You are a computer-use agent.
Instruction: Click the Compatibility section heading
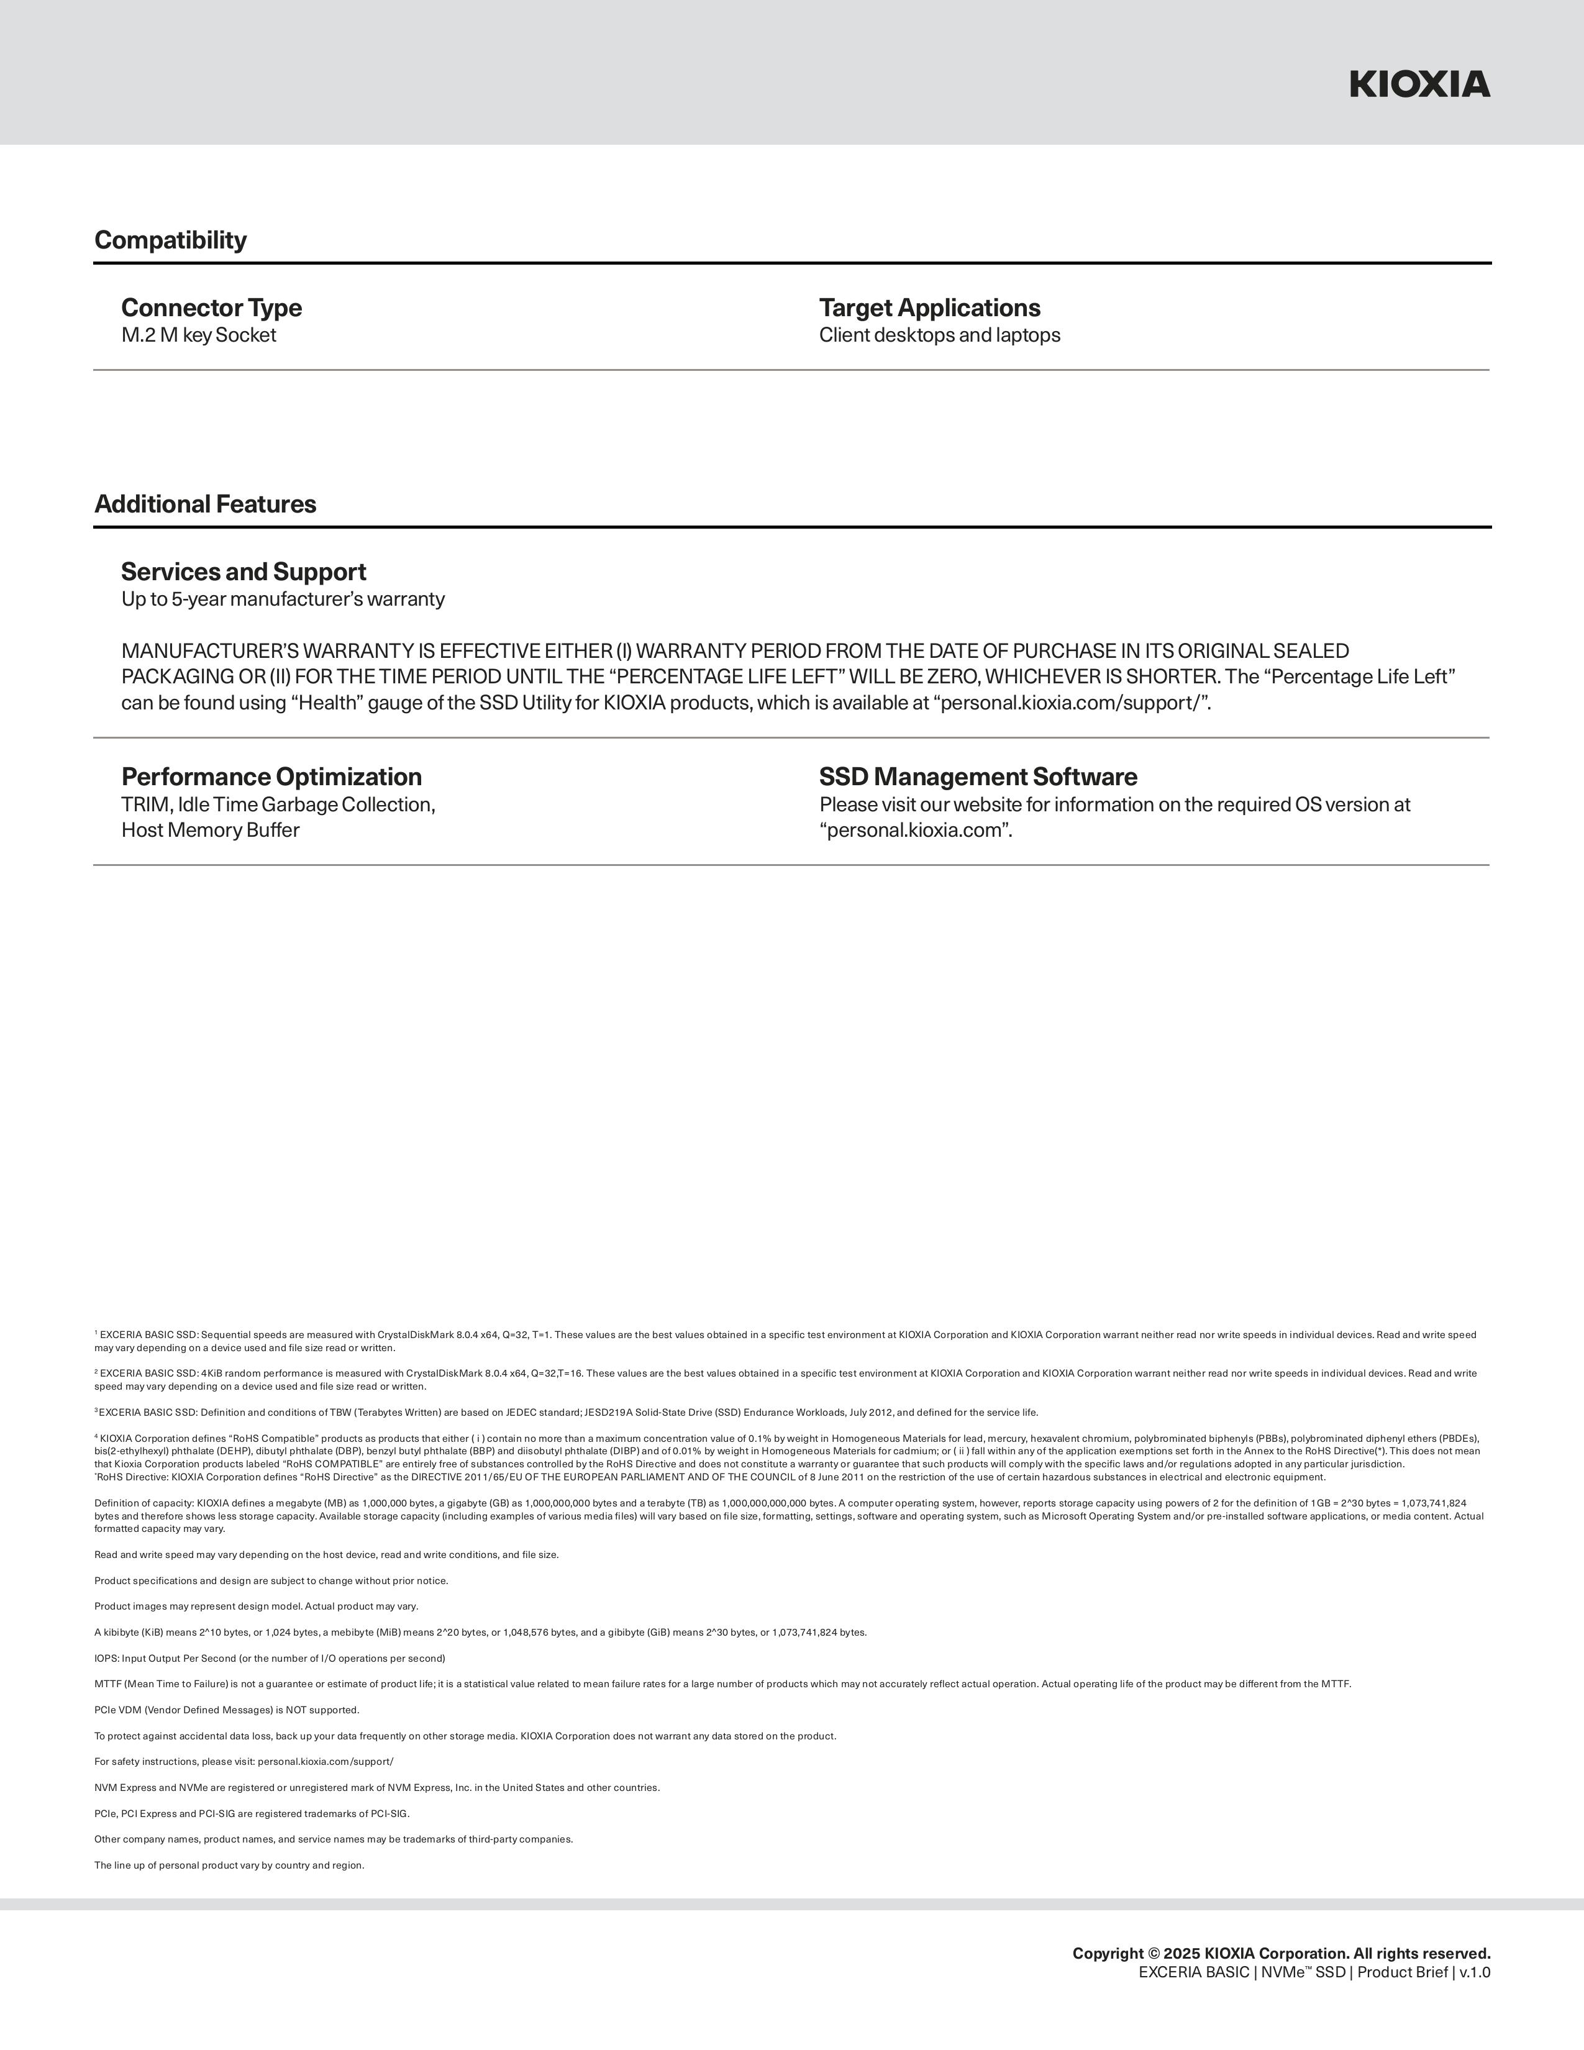tap(171, 240)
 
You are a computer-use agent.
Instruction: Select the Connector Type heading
tap(211, 308)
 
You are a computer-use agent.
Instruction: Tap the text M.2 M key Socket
tap(198, 335)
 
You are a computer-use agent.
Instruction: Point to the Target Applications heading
tap(929, 308)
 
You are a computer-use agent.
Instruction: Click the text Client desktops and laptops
tap(939, 335)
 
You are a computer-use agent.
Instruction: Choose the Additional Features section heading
tap(206, 504)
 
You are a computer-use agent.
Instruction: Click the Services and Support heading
tap(243, 572)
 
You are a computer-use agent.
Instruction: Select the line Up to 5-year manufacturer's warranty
tap(283, 599)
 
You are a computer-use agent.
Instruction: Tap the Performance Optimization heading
tap(271, 777)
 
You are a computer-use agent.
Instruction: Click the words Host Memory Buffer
tap(210, 830)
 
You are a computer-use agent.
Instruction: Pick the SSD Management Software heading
tap(978, 777)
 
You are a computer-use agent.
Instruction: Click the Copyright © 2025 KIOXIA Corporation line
tap(1281, 1953)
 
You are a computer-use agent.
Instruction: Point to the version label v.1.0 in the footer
tap(1474, 1972)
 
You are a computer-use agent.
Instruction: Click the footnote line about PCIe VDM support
tap(227, 1710)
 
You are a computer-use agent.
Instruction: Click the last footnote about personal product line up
tap(229, 1865)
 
